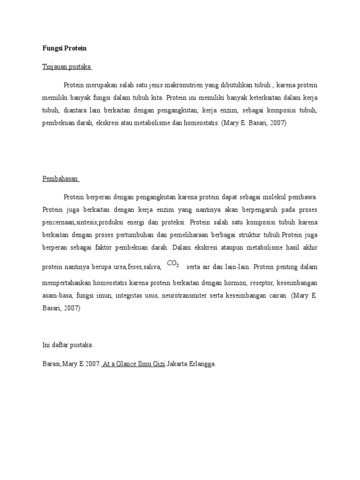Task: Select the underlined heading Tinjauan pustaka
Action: coord(67,67)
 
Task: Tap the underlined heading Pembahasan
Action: coord(61,179)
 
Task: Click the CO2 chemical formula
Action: coord(173,265)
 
